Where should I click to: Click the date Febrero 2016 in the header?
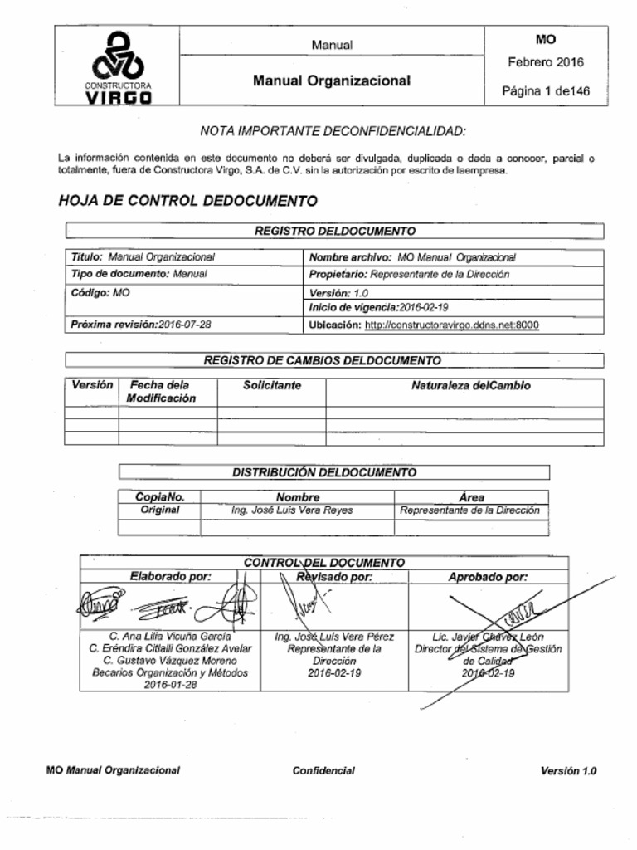point(545,62)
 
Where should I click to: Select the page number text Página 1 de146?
point(546,91)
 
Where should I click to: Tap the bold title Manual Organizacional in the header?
point(332,81)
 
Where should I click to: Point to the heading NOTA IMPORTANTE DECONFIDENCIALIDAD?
point(333,132)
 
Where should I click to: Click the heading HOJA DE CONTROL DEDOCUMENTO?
point(188,201)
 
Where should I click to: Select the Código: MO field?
point(100,293)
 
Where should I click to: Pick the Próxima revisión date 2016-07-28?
point(184,325)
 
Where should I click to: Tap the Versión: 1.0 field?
point(339,293)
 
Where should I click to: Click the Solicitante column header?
point(272,386)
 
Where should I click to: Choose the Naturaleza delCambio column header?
point(470,386)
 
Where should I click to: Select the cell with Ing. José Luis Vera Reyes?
point(292,510)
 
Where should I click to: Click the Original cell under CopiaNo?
point(160,510)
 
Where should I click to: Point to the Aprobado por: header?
point(488,576)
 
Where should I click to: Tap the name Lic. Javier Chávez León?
point(488,637)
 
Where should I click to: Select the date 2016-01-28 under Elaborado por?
point(170,685)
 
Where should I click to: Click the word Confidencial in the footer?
point(323,771)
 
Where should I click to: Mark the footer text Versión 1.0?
point(568,771)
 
